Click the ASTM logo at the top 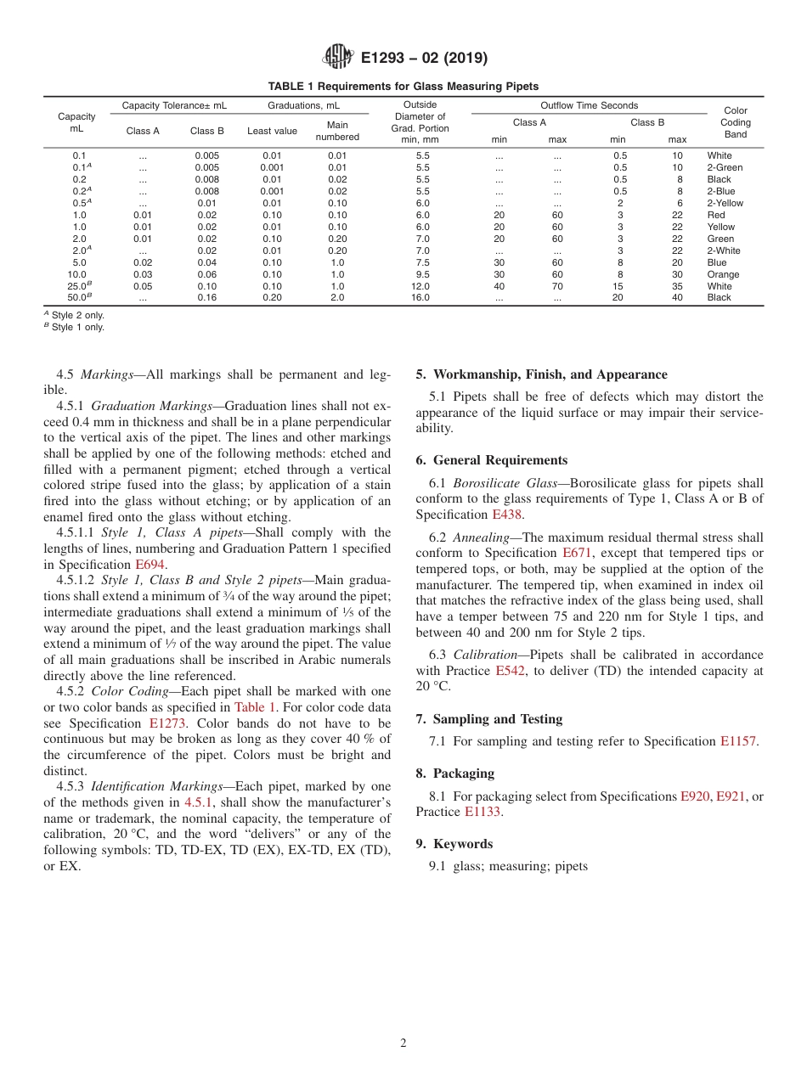(x=338, y=58)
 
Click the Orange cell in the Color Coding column (x=723, y=274)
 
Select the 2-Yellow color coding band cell (x=725, y=203)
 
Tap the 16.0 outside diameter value (x=420, y=298)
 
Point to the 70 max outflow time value (x=556, y=286)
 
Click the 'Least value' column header (x=272, y=131)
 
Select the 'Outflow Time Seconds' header (x=589, y=105)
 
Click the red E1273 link (x=167, y=723)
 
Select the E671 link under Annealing (x=578, y=553)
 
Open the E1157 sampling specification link (x=737, y=741)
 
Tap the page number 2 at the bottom (x=403, y=1043)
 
